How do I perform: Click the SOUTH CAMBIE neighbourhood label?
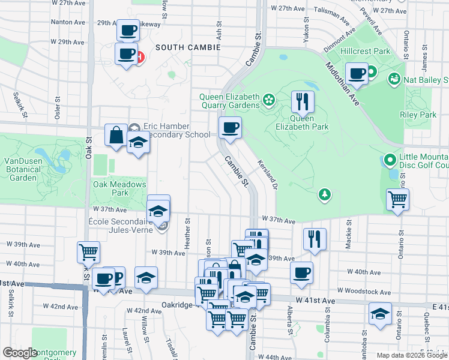[x=188, y=47]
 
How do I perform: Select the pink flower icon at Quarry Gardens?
[x=268, y=98]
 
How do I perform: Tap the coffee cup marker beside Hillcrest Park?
[x=357, y=73]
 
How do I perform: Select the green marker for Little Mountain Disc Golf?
[x=388, y=160]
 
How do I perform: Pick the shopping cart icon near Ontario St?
[x=398, y=200]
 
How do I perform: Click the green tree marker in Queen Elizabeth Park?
[x=324, y=194]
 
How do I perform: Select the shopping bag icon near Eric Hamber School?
[x=115, y=135]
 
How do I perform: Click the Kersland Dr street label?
[x=267, y=175]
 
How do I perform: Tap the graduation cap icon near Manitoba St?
[x=380, y=314]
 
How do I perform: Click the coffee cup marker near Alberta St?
[x=301, y=272]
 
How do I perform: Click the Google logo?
[x=20, y=353]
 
